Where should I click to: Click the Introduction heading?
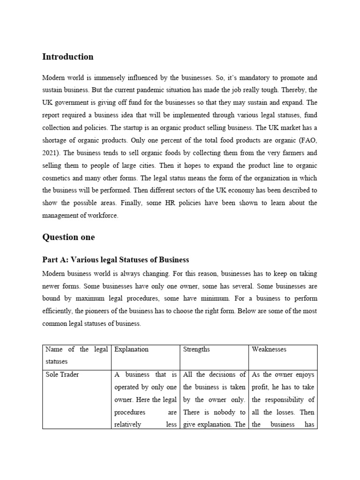67,57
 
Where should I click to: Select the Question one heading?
68,237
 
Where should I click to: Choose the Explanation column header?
131,349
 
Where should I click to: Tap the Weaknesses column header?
269,349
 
